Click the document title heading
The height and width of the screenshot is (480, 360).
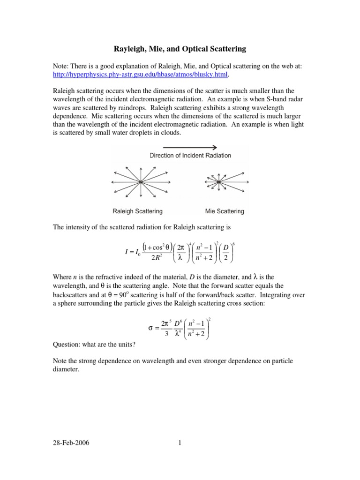(x=180, y=48)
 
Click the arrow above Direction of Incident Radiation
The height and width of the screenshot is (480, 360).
(x=190, y=147)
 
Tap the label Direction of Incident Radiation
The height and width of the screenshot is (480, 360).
(x=190, y=155)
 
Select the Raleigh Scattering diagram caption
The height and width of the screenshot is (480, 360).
(x=137, y=211)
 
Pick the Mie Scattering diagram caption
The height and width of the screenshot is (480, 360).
(x=225, y=211)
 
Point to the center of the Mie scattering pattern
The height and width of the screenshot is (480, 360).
(x=218, y=182)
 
